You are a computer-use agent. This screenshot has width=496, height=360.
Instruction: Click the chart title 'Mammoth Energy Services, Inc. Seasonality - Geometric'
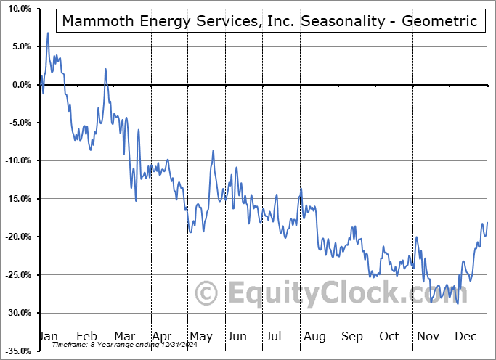[269, 21]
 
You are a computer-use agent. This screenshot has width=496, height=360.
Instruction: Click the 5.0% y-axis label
[20, 46]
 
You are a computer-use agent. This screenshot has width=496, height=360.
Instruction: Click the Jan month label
[48, 336]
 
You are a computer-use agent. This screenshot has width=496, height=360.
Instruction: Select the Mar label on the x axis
[124, 336]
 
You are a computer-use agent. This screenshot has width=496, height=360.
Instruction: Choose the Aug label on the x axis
[314, 336]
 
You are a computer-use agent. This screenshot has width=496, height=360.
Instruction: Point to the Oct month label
[389, 336]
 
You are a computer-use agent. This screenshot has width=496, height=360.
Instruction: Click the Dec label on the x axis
[465, 336]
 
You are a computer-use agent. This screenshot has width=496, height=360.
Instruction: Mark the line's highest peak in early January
[48, 33]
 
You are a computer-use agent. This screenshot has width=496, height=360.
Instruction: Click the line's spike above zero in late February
[105, 69]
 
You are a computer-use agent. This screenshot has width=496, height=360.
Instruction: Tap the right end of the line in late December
[487, 222]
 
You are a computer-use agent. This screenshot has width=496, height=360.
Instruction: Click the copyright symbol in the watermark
[208, 293]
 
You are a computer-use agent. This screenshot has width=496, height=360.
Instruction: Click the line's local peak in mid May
[213, 151]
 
